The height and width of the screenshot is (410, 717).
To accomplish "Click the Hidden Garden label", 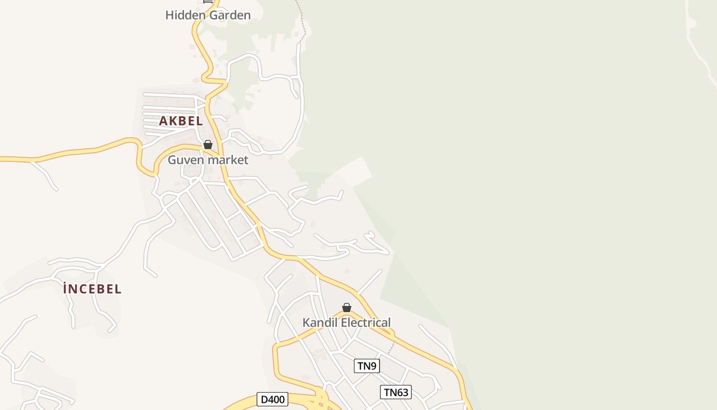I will [x=208, y=15].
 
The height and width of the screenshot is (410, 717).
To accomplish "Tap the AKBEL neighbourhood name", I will [x=181, y=121].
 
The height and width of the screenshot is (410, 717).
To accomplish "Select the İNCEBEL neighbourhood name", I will [x=92, y=289].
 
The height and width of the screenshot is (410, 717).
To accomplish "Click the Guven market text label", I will [x=208, y=160].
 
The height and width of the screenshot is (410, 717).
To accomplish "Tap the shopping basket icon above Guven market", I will [x=208, y=145].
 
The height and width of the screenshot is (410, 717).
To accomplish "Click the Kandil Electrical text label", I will [x=346, y=323].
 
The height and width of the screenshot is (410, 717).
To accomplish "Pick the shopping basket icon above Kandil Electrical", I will [x=347, y=307].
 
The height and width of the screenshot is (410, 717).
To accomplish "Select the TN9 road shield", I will [x=367, y=366].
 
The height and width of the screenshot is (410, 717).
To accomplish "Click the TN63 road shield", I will [x=396, y=393].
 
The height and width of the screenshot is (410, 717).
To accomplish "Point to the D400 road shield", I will [x=272, y=399].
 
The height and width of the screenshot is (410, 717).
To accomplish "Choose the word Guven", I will [x=183, y=160].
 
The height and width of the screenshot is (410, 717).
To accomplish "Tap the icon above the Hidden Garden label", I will [x=208, y=2].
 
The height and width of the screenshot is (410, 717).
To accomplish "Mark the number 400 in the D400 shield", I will [x=277, y=399].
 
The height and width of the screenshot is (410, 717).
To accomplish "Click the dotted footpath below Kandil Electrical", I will [x=391, y=348].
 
